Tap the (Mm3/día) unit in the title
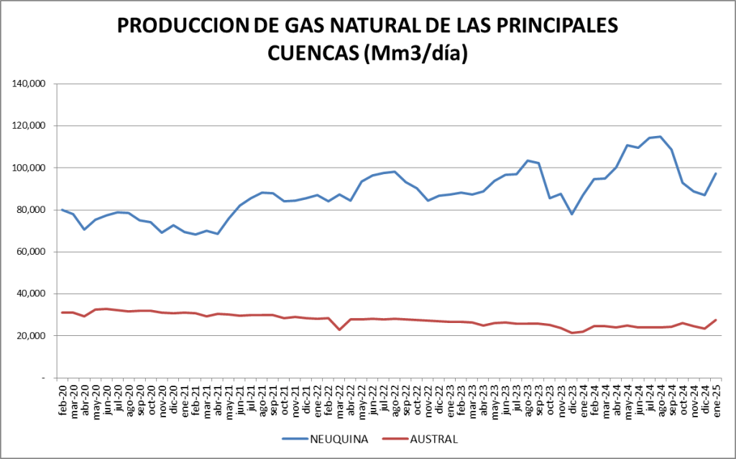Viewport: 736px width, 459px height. pyautogui.click(x=418, y=54)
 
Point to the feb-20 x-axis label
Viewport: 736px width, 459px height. pyautogui.click(x=63, y=398)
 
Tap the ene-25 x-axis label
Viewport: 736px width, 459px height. pyautogui.click(x=716, y=398)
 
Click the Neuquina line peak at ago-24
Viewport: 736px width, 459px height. pyautogui.click(x=661, y=137)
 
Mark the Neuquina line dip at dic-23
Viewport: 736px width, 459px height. pyautogui.click(x=572, y=214)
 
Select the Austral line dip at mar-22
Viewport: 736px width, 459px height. pyautogui.click(x=339, y=330)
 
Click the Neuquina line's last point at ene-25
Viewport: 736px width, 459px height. pyautogui.click(x=716, y=173)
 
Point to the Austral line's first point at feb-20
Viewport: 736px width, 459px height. pyautogui.click(x=63, y=312)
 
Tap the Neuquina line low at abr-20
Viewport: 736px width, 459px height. pyautogui.click(x=85, y=229)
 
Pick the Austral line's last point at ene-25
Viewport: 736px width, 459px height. pyautogui.click(x=716, y=320)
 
